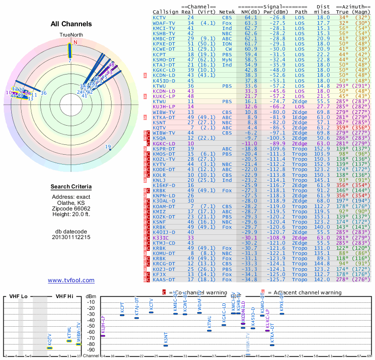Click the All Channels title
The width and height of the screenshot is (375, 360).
coord(71,24)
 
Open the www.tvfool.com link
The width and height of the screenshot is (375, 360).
coord(71,280)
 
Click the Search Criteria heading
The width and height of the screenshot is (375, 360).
coord(71,187)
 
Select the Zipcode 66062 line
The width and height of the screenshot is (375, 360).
coord(71,208)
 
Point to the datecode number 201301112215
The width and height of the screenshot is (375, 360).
coord(71,237)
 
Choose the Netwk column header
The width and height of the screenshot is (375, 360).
coord(227,11)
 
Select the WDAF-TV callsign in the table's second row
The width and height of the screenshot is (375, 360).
coord(165,22)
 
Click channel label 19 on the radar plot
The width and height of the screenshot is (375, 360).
coord(108,147)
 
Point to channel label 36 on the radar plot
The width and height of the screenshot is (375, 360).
coord(44,93)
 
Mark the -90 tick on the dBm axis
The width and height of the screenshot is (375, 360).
coord(90,350)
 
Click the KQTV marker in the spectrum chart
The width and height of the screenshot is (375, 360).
coord(50,348)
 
